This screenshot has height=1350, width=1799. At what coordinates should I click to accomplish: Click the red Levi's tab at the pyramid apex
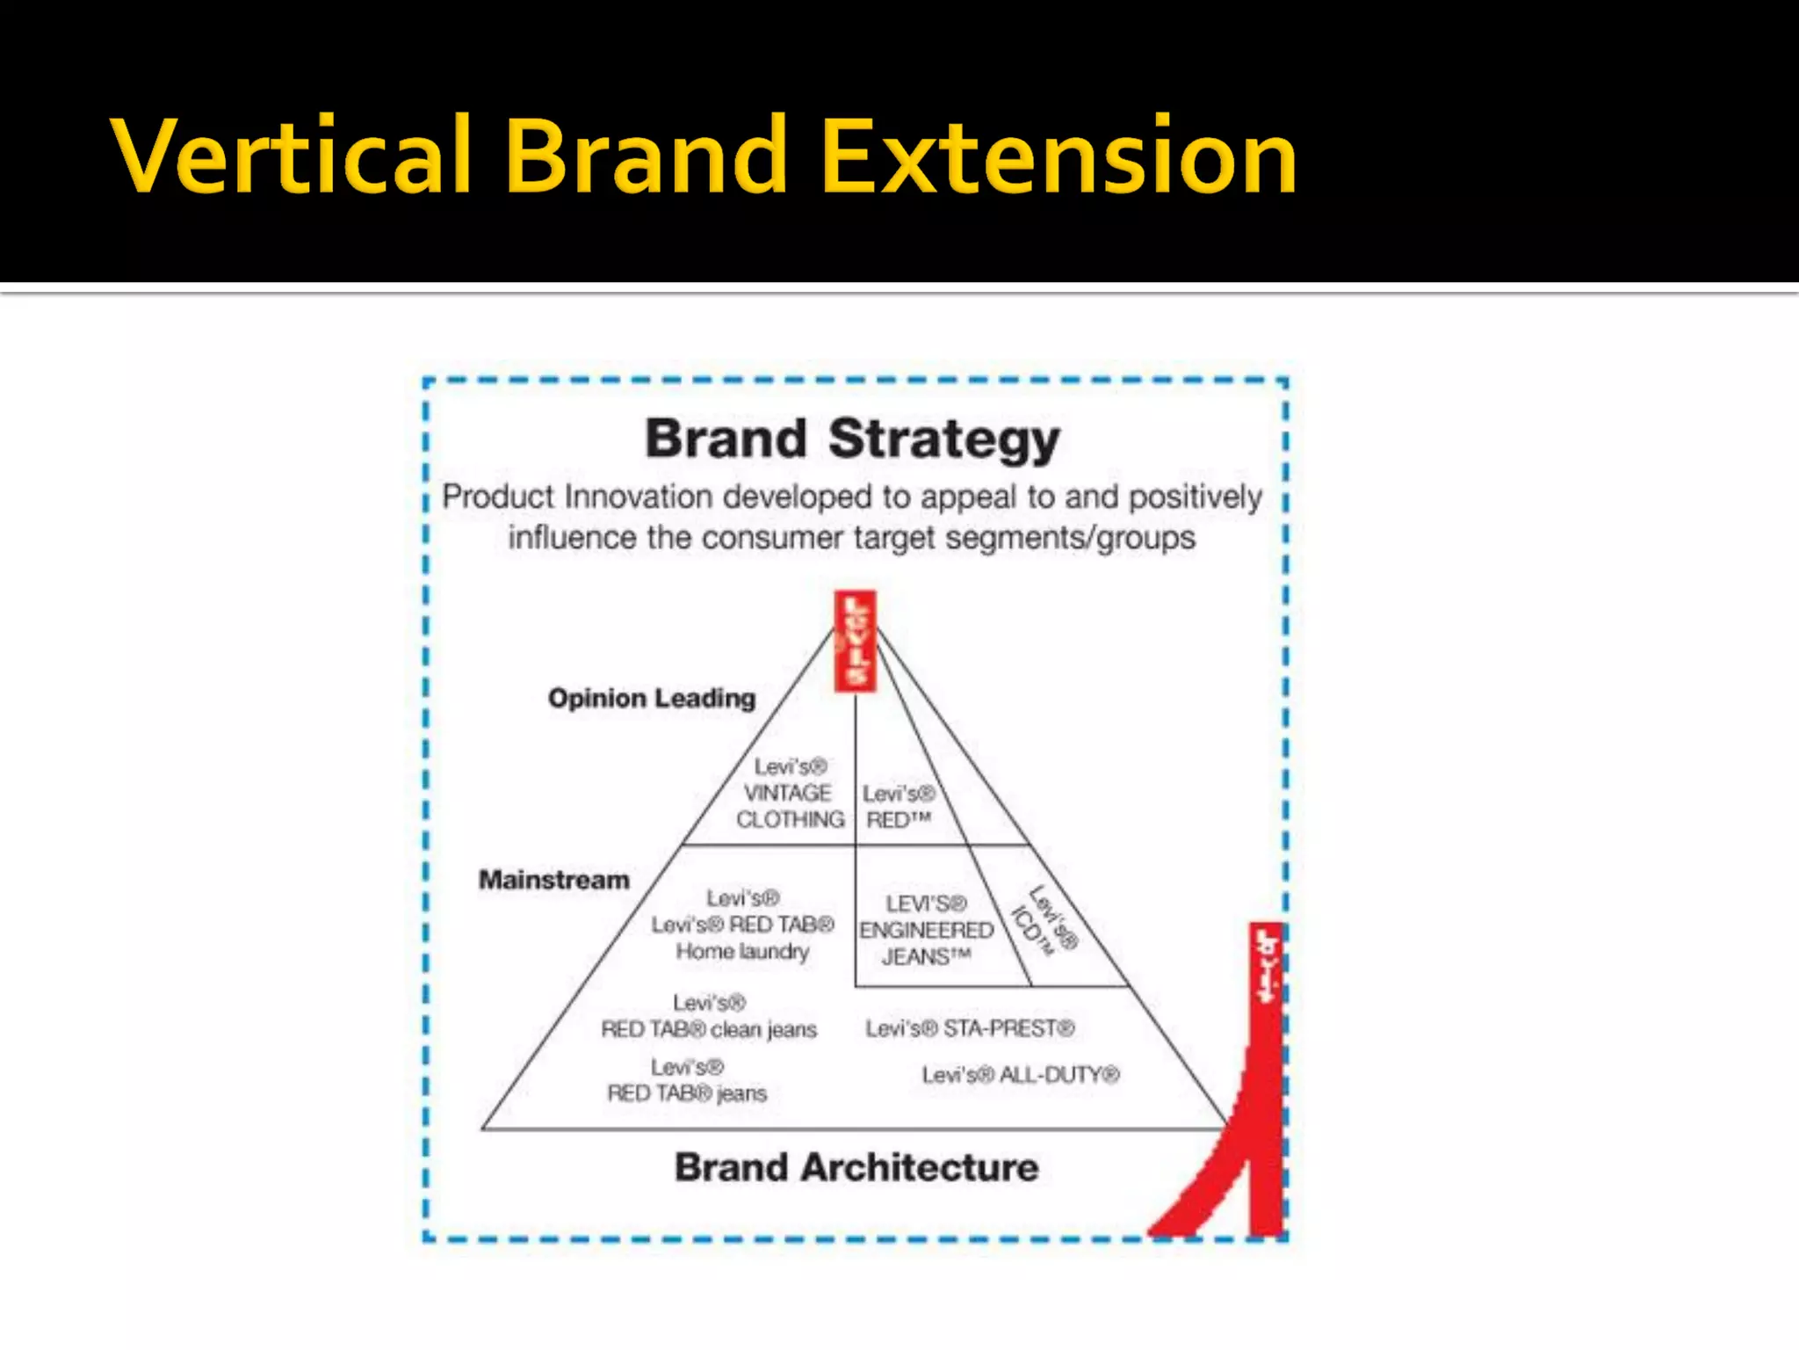(x=855, y=641)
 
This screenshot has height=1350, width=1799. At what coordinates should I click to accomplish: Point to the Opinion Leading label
(x=651, y=698)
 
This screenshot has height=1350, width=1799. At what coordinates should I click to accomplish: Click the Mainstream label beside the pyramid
(x=553, y=880)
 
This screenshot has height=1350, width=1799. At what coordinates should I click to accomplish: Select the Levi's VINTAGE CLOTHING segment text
(x=790, y=793)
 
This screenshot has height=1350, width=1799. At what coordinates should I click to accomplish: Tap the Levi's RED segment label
(x=898, y=807)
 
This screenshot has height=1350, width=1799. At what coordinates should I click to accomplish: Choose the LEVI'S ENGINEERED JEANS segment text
(x=926, y=930)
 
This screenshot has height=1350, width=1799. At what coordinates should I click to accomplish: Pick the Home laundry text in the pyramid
(x=742, y=951)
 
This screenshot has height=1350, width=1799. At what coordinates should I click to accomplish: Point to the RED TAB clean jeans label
(x=709, y=1029)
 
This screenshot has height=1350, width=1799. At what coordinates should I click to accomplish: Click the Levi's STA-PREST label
(x=970, y=1028)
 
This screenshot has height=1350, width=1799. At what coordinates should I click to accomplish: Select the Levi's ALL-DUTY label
(x=1021, y=1075)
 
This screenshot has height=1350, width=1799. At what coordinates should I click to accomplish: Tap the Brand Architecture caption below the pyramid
(x=856, y=1168)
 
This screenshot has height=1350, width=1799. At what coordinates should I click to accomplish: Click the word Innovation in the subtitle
(x=638, y=497)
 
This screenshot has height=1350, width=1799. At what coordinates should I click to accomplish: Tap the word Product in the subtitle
(x=498, y=497)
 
